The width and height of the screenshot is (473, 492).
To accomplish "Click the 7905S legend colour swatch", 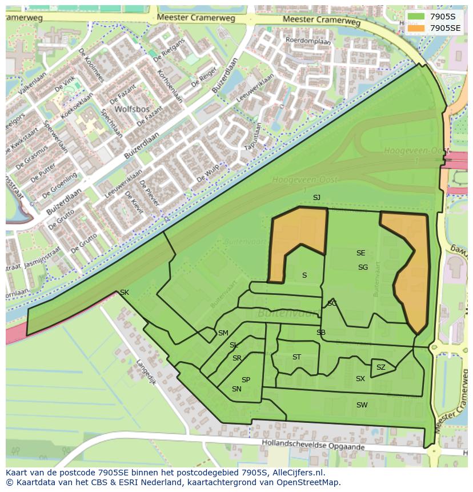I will point(416,17).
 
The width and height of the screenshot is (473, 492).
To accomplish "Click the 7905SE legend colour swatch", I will point(416,28).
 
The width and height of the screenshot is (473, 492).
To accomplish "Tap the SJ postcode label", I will point(316,198).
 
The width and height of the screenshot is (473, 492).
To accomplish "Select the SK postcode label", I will point(125,293).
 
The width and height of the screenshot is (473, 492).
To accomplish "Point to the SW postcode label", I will point(362,405).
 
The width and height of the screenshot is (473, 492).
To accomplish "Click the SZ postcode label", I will point(381,367).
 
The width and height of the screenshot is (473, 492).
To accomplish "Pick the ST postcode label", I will point(296,357).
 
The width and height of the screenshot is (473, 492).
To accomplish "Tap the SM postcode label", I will point(223,333).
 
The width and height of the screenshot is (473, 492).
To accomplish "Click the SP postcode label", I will point(246,380).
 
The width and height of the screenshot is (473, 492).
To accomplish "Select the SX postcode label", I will point(360,379).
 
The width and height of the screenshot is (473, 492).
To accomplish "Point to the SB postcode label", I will point(321,333).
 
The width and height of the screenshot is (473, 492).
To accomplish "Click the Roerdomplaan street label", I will point(308,41).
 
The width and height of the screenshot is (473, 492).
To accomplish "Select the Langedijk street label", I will point(146,371).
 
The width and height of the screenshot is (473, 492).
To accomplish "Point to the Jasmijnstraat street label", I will point(43,258).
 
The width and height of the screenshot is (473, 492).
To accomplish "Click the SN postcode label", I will point(236,389).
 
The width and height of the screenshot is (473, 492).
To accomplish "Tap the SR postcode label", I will point(237,358).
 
